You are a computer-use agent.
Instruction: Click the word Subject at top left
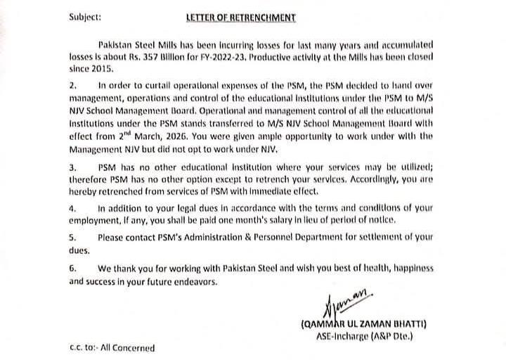coord(87,15)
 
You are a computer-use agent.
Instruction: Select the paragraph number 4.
coord(72,209)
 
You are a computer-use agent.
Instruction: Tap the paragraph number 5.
coord(72,237)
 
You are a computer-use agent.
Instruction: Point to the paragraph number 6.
coord(72,269)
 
